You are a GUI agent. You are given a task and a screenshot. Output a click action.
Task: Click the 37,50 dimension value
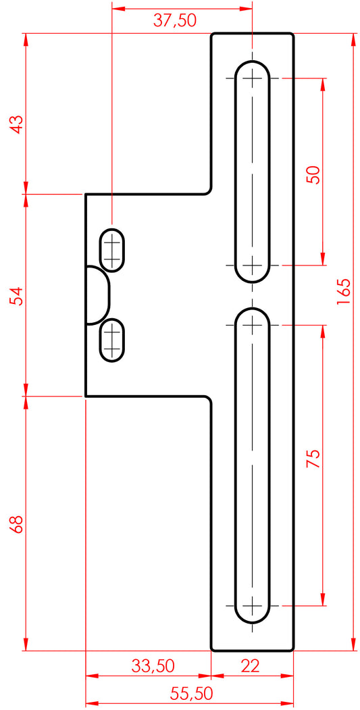point(174,21)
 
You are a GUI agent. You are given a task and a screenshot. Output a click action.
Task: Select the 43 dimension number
point(17,124)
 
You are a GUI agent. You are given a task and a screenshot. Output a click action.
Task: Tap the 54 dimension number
point(17,296)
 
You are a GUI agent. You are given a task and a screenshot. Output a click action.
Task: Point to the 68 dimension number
point(17,524)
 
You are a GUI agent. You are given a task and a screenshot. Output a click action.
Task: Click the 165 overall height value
point(343,291)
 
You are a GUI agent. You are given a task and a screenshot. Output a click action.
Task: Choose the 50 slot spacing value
point(313,174)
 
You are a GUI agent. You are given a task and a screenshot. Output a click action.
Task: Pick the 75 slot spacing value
point(313,459)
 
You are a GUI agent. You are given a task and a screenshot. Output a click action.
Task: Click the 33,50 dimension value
point(153,665)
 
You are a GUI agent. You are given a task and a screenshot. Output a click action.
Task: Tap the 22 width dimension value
point(250,665)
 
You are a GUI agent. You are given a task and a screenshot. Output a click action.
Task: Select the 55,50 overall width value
point(192,693)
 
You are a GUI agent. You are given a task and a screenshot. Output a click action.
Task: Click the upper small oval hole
point(112,251)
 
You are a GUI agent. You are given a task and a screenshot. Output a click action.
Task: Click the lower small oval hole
point(112,340)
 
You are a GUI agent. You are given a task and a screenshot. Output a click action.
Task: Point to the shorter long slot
point(252,172)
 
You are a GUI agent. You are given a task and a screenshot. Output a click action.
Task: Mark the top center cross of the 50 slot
point(252,78)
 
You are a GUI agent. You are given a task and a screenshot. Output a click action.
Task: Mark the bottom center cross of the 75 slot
point(252,605)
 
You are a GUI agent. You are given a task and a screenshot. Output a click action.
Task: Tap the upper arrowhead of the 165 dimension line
point(353,40)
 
